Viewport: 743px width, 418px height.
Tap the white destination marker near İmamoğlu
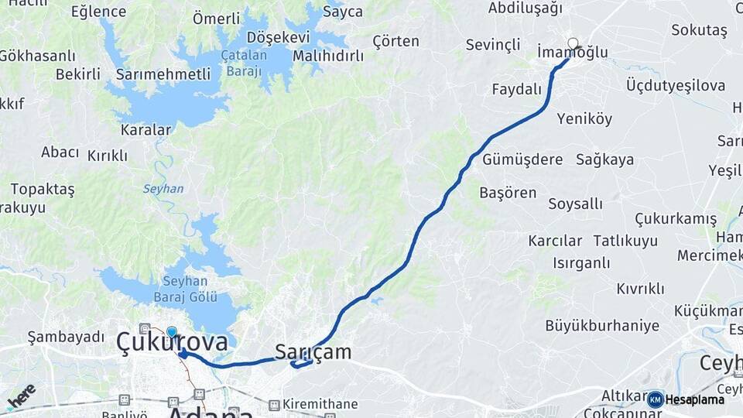(x=573, y=43)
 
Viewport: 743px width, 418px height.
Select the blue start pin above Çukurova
(x=171, y=332)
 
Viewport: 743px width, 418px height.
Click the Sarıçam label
(x=313, y=352)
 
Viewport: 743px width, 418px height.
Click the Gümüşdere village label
(x=522, y=159)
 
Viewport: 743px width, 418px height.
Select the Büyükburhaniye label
(x=602, y=325)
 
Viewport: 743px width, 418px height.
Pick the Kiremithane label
(x=320, y=403)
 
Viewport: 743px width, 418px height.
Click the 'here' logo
(x=22, y=395)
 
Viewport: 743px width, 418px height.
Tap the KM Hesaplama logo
(x=686, y=399)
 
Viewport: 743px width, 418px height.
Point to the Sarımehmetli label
(x=163, y=74)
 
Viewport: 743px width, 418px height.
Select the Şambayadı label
(x=66, y=337)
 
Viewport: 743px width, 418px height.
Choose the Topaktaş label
(x=43, y=189)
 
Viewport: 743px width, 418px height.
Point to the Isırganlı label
(x=581, y=263)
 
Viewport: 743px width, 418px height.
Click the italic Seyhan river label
(x=163, y=189)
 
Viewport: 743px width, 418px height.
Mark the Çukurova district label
(x=172, y=342)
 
